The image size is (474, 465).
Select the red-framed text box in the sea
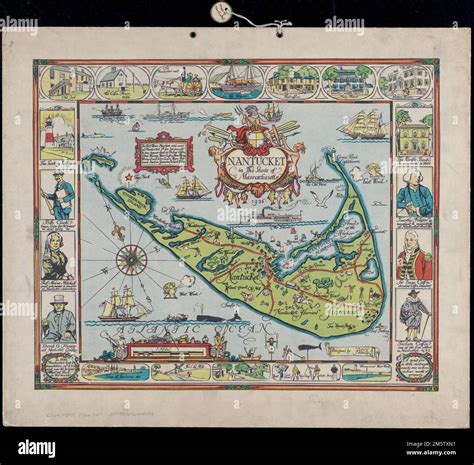coord(163,153)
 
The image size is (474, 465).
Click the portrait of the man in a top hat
coord(58,319)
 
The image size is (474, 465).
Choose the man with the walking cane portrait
coord(414,318)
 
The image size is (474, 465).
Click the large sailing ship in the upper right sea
coord(363,126)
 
